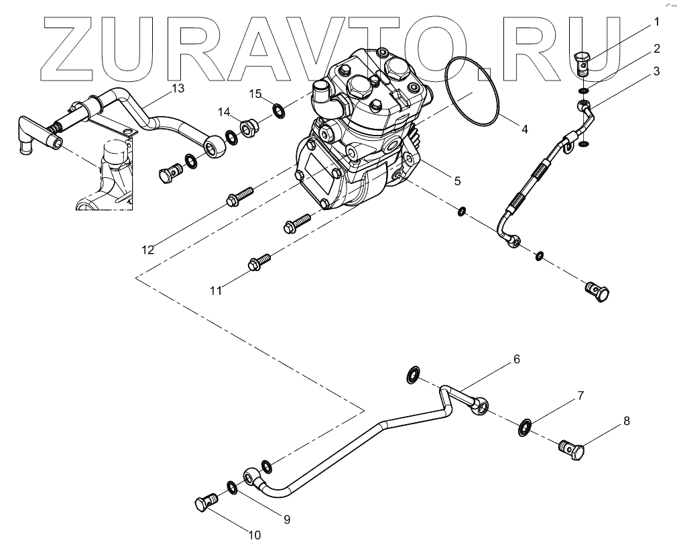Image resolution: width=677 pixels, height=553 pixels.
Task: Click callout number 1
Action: point(657,22)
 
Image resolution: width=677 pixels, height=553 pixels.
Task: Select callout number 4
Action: point(525,130)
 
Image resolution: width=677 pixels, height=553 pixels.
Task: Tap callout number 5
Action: point(457,181)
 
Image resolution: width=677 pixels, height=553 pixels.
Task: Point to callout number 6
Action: point(517,359)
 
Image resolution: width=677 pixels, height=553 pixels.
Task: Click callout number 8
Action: point(626,421)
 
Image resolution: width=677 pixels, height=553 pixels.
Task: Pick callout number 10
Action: point(254,535)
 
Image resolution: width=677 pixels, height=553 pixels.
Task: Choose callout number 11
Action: point(215,290)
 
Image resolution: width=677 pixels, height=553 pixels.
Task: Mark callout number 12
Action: point(148,250)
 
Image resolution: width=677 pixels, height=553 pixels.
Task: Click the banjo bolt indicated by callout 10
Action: point(205,503)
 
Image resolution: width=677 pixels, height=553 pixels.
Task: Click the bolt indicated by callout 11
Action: point(259,263)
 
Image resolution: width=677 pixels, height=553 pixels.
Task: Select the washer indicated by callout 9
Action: point(231,486)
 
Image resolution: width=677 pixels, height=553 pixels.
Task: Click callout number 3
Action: point(657,70)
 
